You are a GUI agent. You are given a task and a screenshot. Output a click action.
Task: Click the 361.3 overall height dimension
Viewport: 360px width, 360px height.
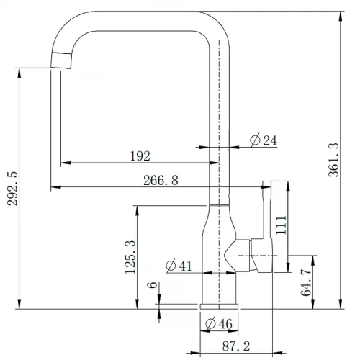(x=333, y=160)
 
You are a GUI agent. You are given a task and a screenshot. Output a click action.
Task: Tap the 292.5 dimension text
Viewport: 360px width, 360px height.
(x=12, y=189)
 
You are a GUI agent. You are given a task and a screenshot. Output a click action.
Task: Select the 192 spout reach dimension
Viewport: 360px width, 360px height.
(x=140, y=156)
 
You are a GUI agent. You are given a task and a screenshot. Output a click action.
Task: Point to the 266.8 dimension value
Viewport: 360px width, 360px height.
(x=161, y=180)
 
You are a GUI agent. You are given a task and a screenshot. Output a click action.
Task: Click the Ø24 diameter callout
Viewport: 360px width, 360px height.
(x=264, y=140)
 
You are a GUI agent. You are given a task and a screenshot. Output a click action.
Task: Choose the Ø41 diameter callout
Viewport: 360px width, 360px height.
(x=179, y=266)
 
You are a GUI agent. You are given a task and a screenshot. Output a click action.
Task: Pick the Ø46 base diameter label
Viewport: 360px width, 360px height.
(x=219, y=324)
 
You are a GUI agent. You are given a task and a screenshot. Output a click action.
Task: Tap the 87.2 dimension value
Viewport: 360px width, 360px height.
(x=236, y=346)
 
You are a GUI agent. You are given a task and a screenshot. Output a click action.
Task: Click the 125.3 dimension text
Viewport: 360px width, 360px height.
(x=130, y=257)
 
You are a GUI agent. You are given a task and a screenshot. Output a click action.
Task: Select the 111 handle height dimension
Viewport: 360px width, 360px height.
(x=282, y=225)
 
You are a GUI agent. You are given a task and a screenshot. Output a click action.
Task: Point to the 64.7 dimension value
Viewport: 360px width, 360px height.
(x=306, y=282)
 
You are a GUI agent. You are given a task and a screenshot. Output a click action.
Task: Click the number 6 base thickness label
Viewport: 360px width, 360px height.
(x=152, y=285)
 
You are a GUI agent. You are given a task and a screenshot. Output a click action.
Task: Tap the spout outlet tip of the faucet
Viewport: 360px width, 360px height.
(x=61, y=60)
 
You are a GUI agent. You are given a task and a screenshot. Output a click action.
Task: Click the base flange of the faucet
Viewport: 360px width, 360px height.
(x=219, y=306)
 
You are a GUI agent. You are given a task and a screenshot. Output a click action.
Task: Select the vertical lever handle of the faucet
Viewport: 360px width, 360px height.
(x=267, y=227)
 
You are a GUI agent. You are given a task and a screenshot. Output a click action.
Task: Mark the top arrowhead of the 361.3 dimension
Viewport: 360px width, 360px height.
(x=341, y=16)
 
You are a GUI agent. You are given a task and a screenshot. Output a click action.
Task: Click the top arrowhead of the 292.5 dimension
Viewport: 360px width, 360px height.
(x=19, y=73)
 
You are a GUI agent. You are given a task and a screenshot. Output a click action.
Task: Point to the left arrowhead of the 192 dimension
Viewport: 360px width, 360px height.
(x=66, y=163)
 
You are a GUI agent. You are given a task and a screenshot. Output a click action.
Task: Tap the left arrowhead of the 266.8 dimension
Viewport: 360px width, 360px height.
(x=55, y=186)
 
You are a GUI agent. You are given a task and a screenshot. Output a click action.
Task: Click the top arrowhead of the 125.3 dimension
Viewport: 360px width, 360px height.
(x=137, y=210)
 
